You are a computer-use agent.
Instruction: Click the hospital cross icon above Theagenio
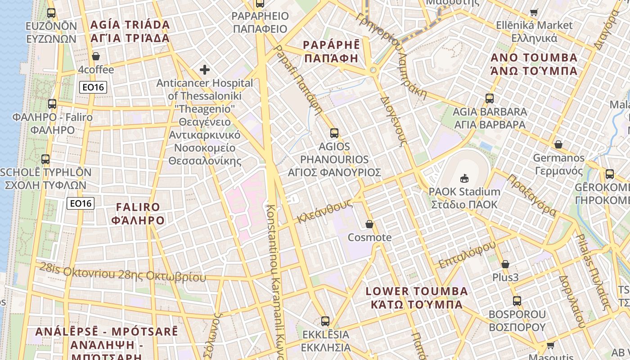pyautogui.click(x=205, y=70)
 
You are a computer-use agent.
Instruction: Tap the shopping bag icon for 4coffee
pyautogui.click(x=95, y=57)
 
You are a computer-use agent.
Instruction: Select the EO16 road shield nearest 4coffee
pyautogui.click(x=93, y=87)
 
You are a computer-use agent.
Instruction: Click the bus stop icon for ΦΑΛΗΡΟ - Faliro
pyautogui.click(x=52, y=104)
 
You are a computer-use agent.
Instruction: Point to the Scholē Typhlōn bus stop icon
pyautogui.click(x=45, y=159)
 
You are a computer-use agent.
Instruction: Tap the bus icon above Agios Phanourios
pyautogui.click(x=334, y=133)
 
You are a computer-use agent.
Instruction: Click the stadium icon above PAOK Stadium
pyautogui.click(x=464, y=178)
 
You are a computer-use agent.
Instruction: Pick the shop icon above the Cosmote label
pyautogui.click(x=369, y=224)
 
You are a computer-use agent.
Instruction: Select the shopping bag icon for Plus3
pyautogui.click(x=505, y=264)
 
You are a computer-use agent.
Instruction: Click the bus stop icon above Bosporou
pyautogui.click(x=517, y=301)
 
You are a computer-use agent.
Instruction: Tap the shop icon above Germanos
pyautogui.click(x=558, y=144)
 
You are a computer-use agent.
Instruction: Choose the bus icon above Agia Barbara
pyautogui.click(x=490, y=98)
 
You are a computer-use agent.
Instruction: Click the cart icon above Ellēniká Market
pyautogui.click(x=534, y=12)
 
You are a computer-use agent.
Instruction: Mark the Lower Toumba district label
pyautogui.click(x=417, y=298)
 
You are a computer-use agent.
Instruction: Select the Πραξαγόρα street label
pyautogui.click(x=531, y=195)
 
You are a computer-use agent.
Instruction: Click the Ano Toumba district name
pyautogui.click(x=534, y=64)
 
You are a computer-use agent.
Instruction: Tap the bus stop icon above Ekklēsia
pyautogui.click(x=325, y=321)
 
